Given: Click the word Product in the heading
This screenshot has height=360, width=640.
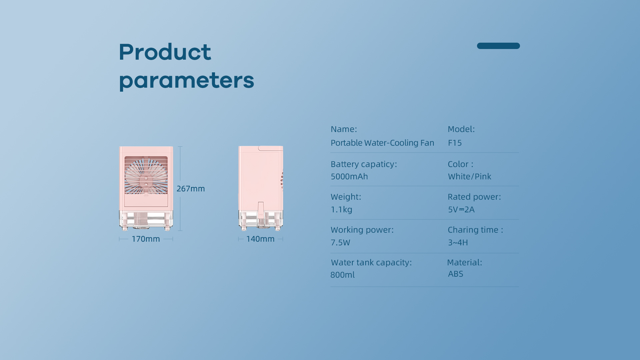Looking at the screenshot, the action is (x=165, y=52).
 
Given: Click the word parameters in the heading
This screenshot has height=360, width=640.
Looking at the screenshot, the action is (x=186, y=81).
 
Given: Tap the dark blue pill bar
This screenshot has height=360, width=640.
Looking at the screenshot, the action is (x=498, y=46).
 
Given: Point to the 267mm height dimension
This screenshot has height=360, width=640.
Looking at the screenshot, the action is (x=191, y=189).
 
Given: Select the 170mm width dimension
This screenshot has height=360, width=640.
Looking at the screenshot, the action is (x=146, y=239).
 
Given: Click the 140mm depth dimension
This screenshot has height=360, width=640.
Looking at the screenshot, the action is (x=260, y=239).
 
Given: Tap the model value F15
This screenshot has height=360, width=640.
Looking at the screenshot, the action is (x=455, y=143).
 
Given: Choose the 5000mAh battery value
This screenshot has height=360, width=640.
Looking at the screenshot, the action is (x=349, y=176).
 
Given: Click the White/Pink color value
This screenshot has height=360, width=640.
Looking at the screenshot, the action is (x=470, y=176).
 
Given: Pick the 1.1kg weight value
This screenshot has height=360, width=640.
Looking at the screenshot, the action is (x=341, y=210).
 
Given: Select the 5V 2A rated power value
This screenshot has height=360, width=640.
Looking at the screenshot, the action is (x=461, y=209).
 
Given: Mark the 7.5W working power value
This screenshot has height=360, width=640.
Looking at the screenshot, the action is (x=340, y=243).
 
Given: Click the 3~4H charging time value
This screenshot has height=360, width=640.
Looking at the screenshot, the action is (x=458, y=243).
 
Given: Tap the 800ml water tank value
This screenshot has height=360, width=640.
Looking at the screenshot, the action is (x=342, y=275).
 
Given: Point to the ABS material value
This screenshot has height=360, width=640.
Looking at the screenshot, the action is (x=456, y=274).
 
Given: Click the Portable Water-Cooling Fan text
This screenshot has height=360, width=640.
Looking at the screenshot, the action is (x=382, y=143).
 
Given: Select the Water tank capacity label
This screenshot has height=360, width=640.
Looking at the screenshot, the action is (x=371, y=263).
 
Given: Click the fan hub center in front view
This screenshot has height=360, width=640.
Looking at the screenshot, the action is (x=146, y=179).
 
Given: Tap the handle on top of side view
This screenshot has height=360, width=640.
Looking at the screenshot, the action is (x=270, y=148).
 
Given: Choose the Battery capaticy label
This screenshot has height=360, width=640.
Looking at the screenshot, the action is (x=364, y=164).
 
